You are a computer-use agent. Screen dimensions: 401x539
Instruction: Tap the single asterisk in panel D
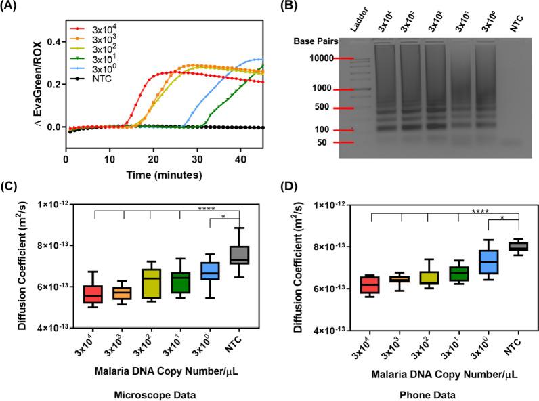[x=502, y=218]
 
